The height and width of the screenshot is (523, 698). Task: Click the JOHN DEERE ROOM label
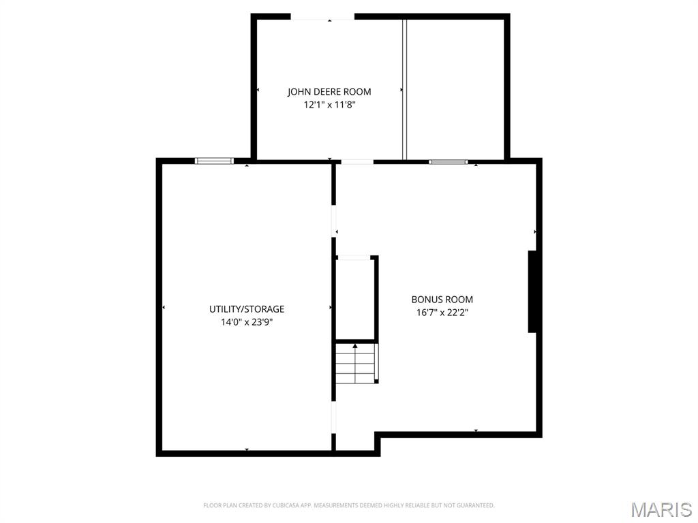point(329,91)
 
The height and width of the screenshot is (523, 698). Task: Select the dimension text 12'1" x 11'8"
point(329,106)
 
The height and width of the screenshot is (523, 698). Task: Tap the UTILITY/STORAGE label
point(247,309)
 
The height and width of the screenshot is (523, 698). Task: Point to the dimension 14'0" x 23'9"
point(247,323)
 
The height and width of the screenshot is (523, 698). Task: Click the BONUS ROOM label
point(442,300)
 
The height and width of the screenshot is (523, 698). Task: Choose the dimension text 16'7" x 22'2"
point(442,313)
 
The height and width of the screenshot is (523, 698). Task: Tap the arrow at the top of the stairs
point(354,347)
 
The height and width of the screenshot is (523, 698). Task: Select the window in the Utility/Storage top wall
point(214,161)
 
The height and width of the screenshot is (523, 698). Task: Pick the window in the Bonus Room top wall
point(449,162)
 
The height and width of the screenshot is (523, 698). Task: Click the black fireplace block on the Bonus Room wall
point(534,291)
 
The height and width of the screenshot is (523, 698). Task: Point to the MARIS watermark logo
point(661,509)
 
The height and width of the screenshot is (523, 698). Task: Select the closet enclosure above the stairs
point(356,298)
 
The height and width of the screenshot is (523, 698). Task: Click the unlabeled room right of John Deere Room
point(455,89)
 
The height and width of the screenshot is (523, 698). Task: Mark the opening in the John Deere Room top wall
point(323,17)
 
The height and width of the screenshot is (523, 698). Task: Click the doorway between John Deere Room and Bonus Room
point(357,162)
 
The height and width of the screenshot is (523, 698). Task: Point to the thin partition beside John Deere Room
point(404,89)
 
